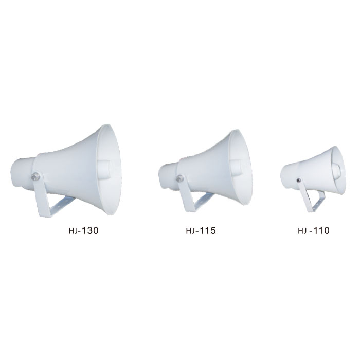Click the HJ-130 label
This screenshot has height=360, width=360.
(83, 231)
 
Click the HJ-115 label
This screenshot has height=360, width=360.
(201, 231)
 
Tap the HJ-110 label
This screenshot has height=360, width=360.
(314, 231)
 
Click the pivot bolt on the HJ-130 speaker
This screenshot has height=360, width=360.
(35, 176)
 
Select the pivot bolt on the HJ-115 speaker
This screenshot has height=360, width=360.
(180, 177)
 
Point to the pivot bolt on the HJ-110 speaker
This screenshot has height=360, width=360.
(298, 180)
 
